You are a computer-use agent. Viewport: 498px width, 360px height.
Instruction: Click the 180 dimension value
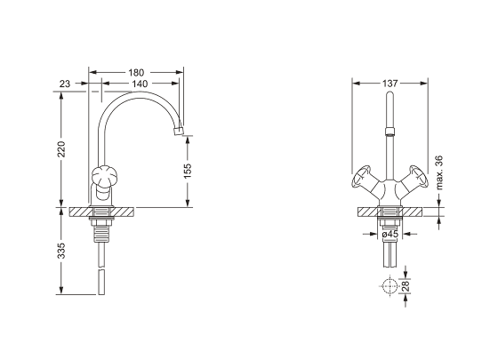tap(136, 73)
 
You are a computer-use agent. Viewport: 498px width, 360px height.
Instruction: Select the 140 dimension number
tap(140, 84)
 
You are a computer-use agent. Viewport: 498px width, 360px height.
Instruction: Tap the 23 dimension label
tap(65, 84)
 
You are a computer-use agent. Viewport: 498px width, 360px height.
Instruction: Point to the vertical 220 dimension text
tap(61, 149)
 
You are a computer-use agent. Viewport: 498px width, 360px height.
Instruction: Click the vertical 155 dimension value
tap(188, 171)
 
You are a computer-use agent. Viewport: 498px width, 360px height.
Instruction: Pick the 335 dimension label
tap(61, 251)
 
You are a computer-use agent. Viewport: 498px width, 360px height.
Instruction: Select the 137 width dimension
tap(390, 84)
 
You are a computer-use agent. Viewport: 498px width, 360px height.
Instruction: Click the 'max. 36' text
tap(439, 172)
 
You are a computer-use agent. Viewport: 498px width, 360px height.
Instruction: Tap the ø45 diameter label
tap(390, 234)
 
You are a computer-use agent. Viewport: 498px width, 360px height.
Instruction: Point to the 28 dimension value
tap(406, 286)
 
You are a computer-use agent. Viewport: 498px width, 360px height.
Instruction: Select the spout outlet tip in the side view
tap(178, 131)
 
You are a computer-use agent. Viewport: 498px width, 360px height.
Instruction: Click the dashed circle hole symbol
tap(390, 285)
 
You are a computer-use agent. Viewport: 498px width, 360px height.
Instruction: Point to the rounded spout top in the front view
tap(390, 94)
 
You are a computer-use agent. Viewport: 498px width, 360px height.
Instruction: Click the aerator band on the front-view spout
tap(390, 132)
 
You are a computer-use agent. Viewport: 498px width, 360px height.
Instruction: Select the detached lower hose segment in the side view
tap(101, 283)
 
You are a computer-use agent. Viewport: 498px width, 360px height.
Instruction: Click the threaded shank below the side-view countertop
tap(101, 231)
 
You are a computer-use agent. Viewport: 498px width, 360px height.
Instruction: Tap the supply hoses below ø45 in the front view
tap(390, 255)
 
